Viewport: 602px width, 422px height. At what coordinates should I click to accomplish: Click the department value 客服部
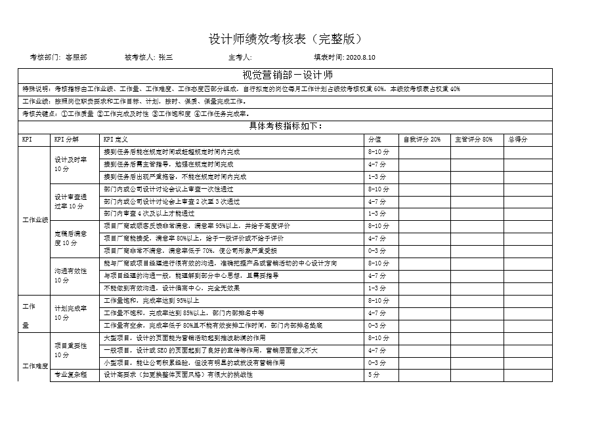tap(76, 58)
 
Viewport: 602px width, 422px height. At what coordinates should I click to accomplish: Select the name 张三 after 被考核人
tap(165, 58)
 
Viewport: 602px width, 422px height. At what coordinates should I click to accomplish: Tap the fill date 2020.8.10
tap(360, 58)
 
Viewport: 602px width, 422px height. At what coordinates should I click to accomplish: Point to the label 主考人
tap(240, 58)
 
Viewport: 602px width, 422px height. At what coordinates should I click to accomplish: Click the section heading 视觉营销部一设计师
tap(288, 75)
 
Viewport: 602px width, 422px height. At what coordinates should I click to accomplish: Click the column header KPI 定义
tap(116, 139)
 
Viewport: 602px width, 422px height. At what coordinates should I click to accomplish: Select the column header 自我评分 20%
tap(421, 139)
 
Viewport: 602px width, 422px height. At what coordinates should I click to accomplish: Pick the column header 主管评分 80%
tap(473, 139)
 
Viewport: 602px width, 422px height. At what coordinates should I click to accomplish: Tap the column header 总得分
tap(517, 139)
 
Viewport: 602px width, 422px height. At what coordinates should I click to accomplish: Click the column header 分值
tap(374, 139)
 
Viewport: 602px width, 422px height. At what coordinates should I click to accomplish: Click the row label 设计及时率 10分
tap(70, 164)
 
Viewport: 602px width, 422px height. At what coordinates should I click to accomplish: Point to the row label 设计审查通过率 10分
tap(70, 201)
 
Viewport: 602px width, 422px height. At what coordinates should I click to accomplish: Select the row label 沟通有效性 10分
tap(70, 275)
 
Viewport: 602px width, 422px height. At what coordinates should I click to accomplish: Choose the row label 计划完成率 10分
tap(70, 313)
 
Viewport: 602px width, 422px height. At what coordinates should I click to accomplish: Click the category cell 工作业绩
tap(35, 220)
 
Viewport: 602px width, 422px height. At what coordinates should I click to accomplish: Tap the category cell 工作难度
tap(35, 365)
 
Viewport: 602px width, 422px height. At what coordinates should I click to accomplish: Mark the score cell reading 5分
tap(374, 375)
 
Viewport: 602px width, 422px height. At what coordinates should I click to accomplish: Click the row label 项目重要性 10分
tap(70, 350)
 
